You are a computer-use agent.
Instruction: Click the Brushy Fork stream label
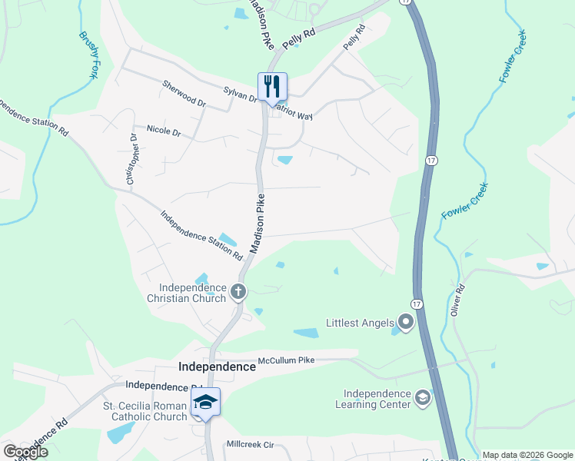(x=89, y=55)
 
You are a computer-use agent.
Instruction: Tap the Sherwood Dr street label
(x=184, y=92)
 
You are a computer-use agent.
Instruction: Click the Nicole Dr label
(x=163, y=131)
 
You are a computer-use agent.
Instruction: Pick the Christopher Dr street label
(x=132, y=158)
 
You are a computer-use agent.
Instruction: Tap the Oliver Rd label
(x=459, y=300)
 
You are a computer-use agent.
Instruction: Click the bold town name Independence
(x=217, y=367)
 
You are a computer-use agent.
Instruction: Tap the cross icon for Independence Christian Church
(x=238, y=291)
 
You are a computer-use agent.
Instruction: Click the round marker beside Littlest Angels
(x=405, y=323)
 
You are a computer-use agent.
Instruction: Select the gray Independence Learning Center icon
(x=422, y=398)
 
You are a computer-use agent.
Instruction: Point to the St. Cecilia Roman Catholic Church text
(x=146, y=411)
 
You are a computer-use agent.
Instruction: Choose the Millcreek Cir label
(x=250, y=445)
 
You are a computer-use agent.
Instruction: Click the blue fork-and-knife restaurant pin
(x=271, y=87)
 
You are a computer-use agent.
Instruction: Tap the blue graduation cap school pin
(x=205, y=402)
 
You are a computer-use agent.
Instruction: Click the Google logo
(x=25, y=452)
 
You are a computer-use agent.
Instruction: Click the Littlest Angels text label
(x=359, y=323)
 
